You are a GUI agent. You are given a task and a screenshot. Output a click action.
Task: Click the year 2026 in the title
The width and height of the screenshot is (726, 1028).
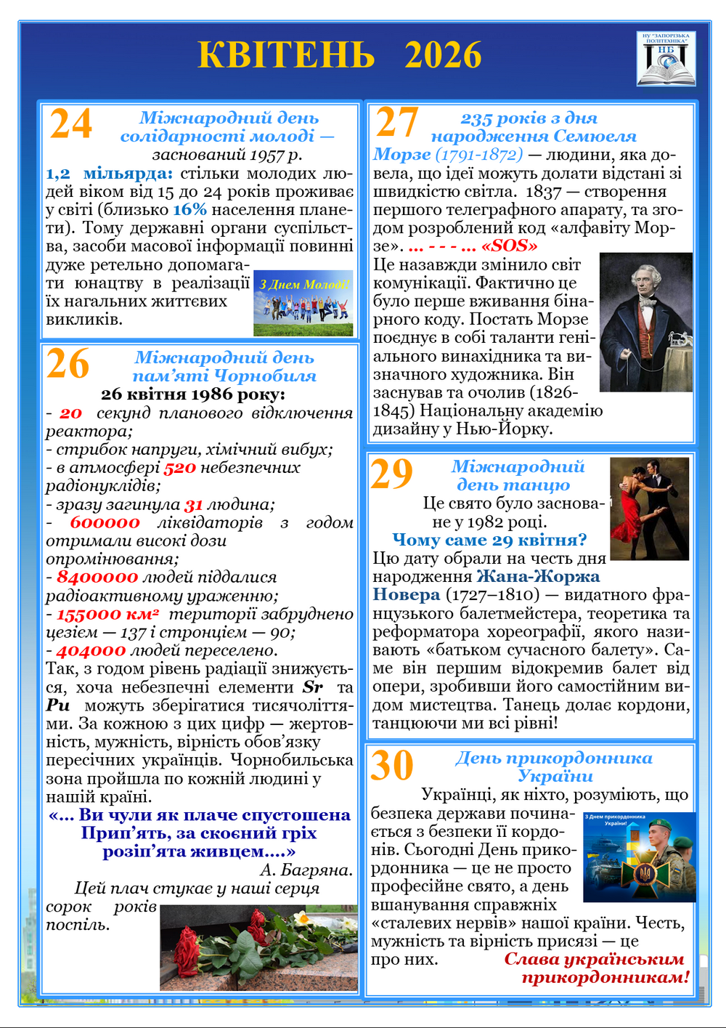(x=443, y=55)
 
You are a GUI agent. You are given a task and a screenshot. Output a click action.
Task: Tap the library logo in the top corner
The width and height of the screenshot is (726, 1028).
(x=666, y=59)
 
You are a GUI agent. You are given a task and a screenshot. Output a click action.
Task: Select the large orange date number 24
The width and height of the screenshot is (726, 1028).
(x=70, y=124)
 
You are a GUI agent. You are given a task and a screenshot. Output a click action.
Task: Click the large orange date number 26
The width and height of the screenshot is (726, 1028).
(x=68, y=364)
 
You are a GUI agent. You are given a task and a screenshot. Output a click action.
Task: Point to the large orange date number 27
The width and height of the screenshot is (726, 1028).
(x=397, y=122)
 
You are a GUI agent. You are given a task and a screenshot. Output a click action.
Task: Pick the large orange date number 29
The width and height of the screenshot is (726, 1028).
(x=391, y=474)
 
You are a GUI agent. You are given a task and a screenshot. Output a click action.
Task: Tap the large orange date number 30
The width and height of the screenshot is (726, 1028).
(x=392, y=766)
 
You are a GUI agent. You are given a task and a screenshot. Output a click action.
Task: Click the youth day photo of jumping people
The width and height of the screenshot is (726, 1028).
(x=303, y=303)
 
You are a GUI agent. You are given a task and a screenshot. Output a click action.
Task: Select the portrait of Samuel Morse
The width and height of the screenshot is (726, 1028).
(x=645, y=322)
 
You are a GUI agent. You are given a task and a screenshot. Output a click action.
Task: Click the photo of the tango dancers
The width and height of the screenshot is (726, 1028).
(x=649, y=509)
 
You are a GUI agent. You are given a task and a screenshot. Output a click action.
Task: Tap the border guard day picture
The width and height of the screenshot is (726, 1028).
(x=640, y=857)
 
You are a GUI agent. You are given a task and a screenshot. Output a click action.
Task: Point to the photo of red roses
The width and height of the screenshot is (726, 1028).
(x=258, y=947)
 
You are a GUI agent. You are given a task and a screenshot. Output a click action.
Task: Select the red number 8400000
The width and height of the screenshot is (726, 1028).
(x=97, y=578)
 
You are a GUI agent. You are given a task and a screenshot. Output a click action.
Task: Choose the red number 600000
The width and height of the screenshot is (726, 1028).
(x=105, y=522)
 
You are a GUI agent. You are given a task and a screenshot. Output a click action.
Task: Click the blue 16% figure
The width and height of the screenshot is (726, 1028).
(x=189, y=210)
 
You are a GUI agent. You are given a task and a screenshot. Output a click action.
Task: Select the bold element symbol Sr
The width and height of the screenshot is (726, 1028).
(x=312, y=687)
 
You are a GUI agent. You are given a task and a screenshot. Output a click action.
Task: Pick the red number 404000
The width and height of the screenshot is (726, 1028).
(x=91, y=651)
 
